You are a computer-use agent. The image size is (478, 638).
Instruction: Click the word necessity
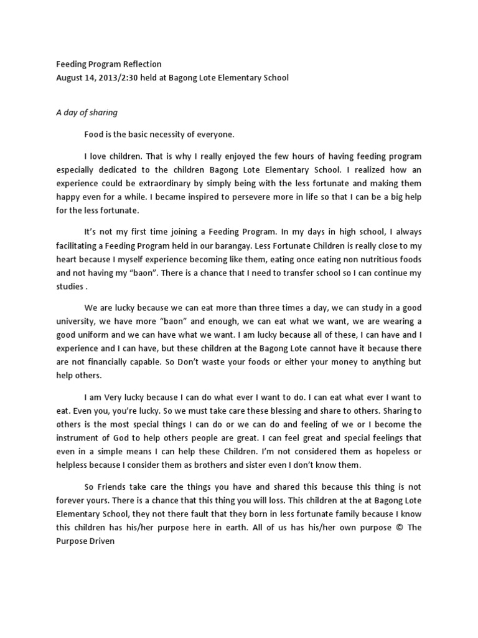click(x=169, y=134)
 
